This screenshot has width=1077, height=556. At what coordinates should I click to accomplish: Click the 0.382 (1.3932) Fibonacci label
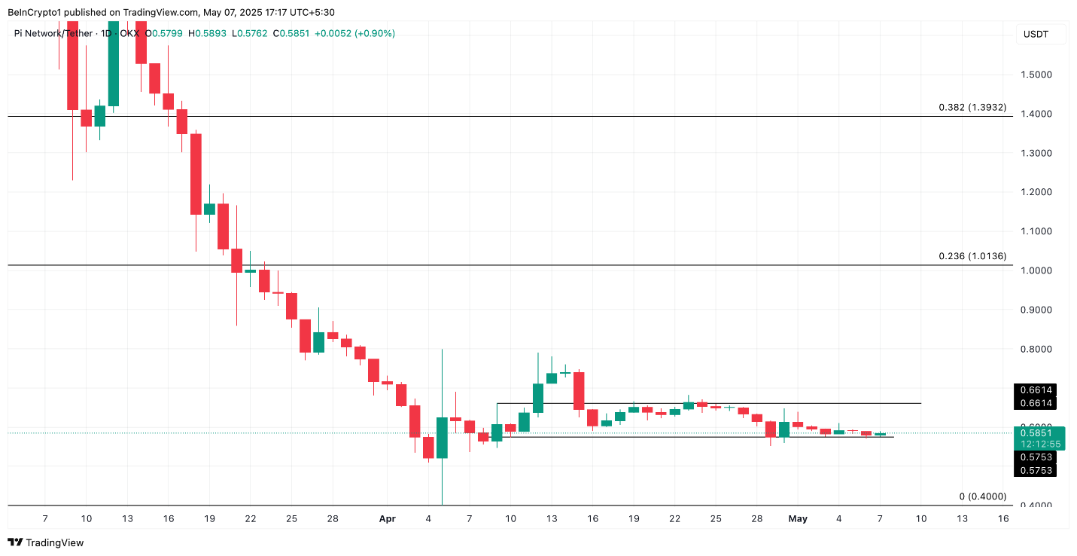coord(972,108)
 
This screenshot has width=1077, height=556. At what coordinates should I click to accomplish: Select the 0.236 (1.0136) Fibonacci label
coord(972,256)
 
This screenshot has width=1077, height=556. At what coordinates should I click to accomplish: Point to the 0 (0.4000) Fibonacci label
coord(982,496)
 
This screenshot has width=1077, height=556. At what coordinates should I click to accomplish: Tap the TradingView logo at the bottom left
coord(45,542)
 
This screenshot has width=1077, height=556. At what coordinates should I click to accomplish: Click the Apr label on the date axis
coord(387,518)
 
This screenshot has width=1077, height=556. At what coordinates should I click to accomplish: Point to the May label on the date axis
coord(798,518)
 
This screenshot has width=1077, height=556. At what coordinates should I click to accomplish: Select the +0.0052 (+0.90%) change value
coord(354,33)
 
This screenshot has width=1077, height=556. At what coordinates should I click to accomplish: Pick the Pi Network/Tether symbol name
coord(53,33)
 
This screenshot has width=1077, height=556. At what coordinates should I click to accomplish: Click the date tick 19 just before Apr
coord(209,518)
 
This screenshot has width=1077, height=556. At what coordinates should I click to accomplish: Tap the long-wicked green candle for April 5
coord(442,437)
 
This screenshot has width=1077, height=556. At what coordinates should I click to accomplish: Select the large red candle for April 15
coord(579,390)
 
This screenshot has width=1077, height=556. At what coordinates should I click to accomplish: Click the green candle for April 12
coord(538,398)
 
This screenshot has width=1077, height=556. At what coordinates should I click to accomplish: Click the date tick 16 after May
coord(1002,518)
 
